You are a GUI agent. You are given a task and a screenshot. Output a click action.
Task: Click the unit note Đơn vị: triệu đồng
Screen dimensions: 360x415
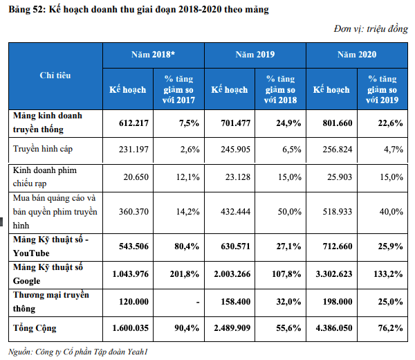[370, 29]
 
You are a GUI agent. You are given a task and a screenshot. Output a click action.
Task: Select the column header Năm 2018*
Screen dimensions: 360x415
[154, 54]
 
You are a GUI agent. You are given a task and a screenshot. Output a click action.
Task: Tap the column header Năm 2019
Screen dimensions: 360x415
[255, 54]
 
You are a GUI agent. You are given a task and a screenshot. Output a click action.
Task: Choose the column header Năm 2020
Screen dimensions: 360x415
[356, 54]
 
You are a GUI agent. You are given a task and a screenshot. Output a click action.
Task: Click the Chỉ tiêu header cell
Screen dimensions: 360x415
[55, 75]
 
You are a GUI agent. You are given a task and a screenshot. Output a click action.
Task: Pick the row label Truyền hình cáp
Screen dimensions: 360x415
[42, 149]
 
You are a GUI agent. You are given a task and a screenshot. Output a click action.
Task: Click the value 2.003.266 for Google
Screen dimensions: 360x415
[232, 273]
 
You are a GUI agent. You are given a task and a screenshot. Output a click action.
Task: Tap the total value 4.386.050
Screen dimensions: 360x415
[333, 327]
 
